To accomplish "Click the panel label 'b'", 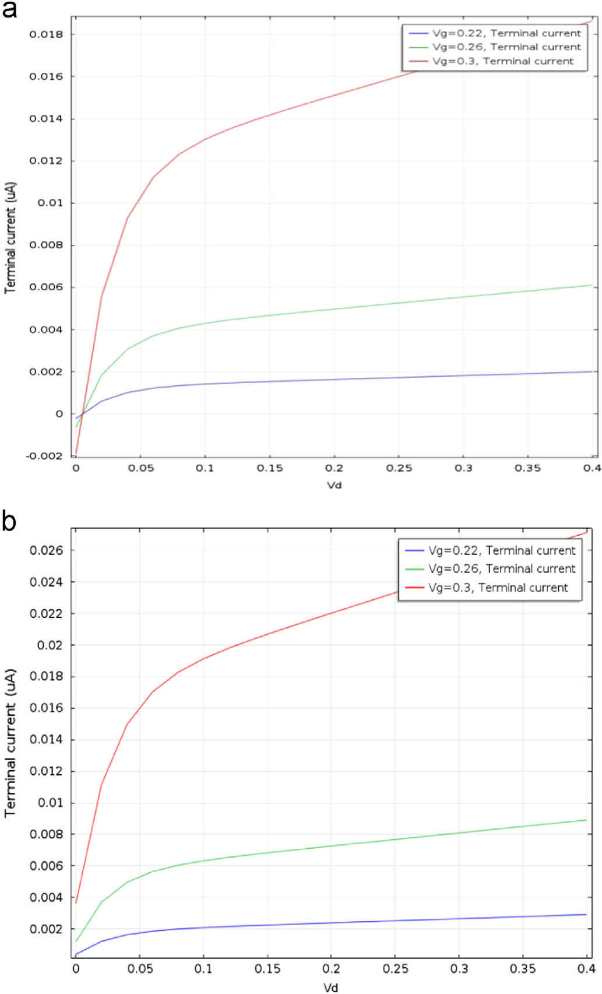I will tap(9, 521).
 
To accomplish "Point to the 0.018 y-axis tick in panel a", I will tap(46, 34).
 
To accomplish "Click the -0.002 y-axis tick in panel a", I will tap(44, 456).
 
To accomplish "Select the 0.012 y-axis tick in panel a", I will tap(46, 161).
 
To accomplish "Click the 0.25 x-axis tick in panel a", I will tap(399, 468).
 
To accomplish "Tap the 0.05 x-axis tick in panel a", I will tap(141, 468).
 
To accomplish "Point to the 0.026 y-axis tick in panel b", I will tap(46, 550).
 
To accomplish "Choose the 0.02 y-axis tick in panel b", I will tap(50, 645).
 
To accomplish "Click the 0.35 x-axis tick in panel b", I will tap(523, 968).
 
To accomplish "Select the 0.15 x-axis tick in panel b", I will tap(267, 968).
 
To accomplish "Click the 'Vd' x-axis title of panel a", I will tap(334, 485).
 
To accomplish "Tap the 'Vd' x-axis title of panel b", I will tap(330, 987).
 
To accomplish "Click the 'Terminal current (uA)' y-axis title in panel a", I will tap(10, 237).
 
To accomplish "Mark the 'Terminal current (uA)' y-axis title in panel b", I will tap(10, 743).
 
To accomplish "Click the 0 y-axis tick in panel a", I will tap(59, 414).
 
